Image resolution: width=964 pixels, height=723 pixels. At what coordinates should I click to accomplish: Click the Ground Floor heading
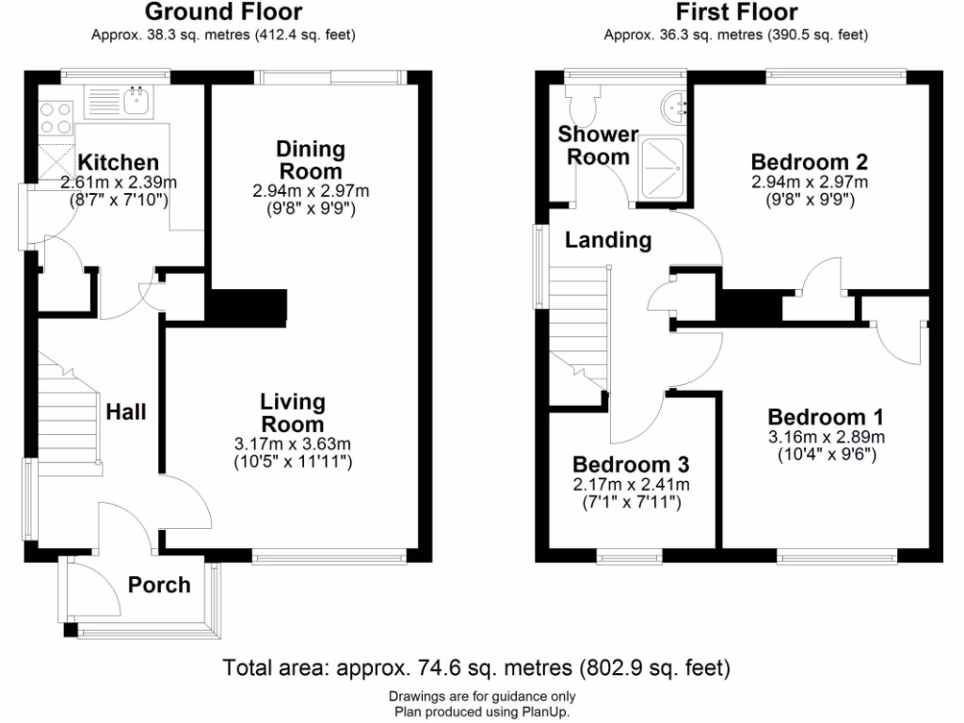pos(223,12)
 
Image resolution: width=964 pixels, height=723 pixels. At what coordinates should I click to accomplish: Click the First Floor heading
pos(736,12)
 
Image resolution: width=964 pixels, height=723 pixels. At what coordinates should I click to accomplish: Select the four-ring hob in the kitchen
pos(56,117)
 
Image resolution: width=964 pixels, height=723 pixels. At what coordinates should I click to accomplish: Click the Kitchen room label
pos(118,162)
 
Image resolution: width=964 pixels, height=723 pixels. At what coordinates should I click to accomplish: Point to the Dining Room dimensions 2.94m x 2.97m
pos(310,191)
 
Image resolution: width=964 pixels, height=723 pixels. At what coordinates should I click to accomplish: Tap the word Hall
pos(125,411)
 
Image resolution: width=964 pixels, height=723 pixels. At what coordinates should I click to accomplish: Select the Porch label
pos(159,585)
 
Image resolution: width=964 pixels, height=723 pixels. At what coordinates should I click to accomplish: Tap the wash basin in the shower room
pos(675,106)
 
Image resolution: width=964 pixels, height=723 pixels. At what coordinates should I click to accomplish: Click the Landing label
pos(608,240)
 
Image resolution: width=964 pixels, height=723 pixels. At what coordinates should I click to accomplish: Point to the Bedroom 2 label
pos(809,161)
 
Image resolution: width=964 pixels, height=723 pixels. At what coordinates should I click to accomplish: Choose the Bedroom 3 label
pos(631,464)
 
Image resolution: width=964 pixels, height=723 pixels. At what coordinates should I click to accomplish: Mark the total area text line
pos(476,668)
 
